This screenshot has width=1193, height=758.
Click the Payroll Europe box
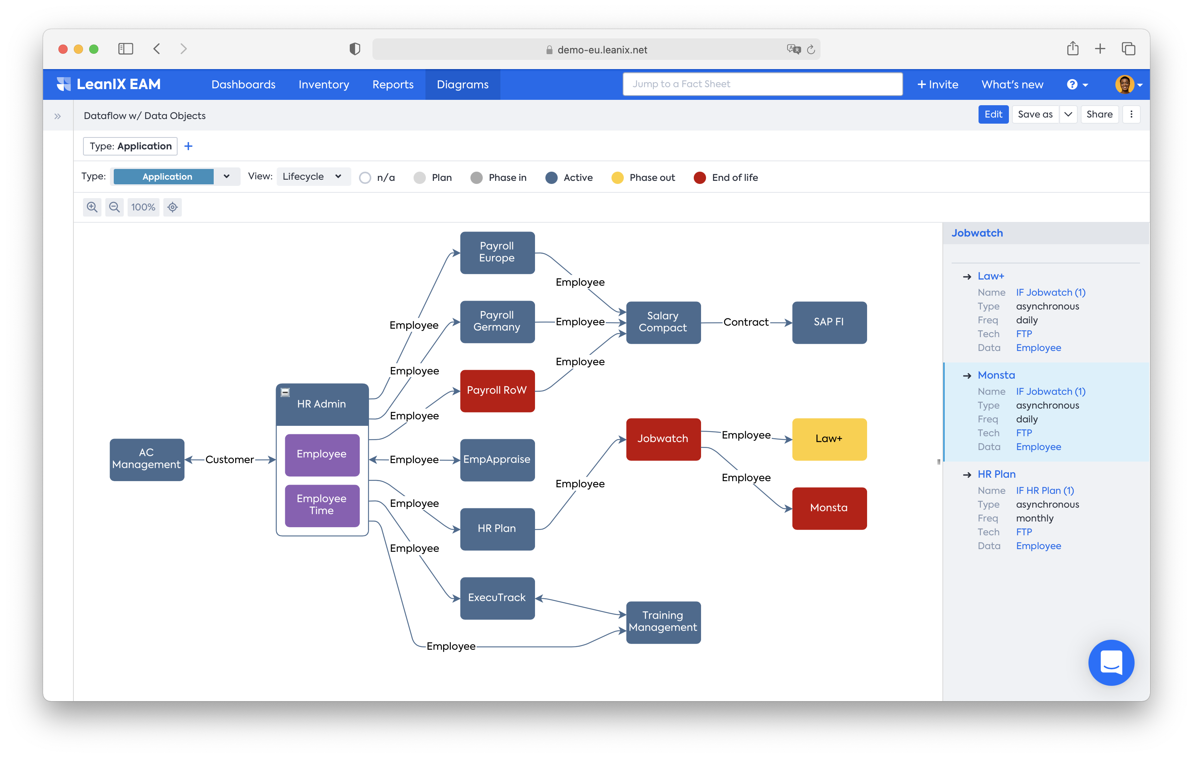pyautogui.click(x=497, y=253)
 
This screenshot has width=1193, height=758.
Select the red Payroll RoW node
pyautogui.click(x=497, y=391)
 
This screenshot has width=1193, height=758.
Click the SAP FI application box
pyautogui.click(x=829, y=322)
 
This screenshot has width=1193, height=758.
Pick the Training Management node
pyautogui.click(x=663, y=622)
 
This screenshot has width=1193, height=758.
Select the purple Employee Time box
pyautogui.click(x=322, y=505)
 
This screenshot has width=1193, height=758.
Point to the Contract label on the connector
pyautogui.click(x=746, y=322)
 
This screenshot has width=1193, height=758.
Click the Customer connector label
pyautogui.click(x=229, y=460)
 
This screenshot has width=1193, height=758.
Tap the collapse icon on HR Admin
pyautogui.click(x=285, y=392)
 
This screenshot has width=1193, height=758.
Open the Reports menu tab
pyautogui.click(x=393, y=84)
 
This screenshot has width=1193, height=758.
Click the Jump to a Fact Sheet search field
pyautogui.click(x=762, y=84)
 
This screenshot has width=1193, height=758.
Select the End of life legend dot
pyautogui.click(x=699, y=178)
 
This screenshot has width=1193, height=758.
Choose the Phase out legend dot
pyautogui.click(x=617, y=178)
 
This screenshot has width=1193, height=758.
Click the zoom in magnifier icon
pyautogui.click(x=92, y=207)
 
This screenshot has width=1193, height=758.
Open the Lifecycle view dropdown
pyautogui.click(x=312, y=177)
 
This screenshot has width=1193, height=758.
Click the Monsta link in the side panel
pyautogui.click(x=996, y=375)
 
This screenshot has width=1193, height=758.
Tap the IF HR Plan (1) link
pyautogui.click(x=1045, y=491)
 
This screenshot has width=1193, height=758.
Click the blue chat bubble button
pyautogui.click(x=1111, y=662)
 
